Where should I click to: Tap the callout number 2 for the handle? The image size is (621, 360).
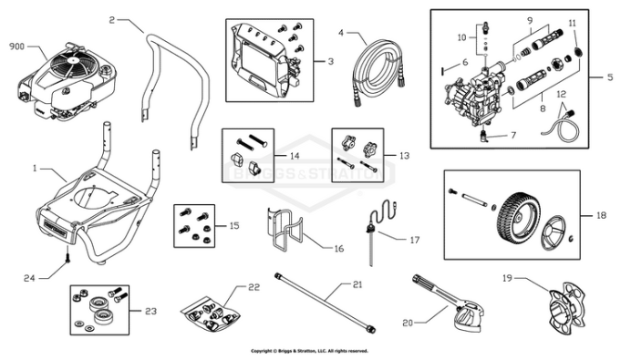point(112,18)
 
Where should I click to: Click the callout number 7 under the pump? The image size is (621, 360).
point(512,135)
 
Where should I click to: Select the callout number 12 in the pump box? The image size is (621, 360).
point(561,94)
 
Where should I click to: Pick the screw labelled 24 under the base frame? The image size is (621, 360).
point(67,262)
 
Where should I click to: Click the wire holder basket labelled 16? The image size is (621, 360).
point(287,232)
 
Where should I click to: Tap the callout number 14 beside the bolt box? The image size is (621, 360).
point(295,156)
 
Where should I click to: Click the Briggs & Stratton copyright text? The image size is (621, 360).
point(310,350)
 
